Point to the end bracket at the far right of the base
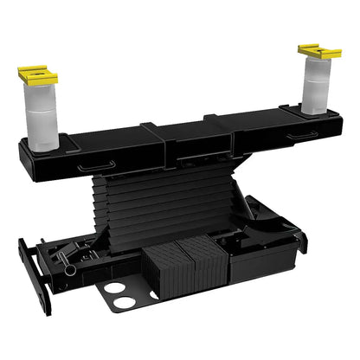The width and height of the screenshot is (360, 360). point(299,240)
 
